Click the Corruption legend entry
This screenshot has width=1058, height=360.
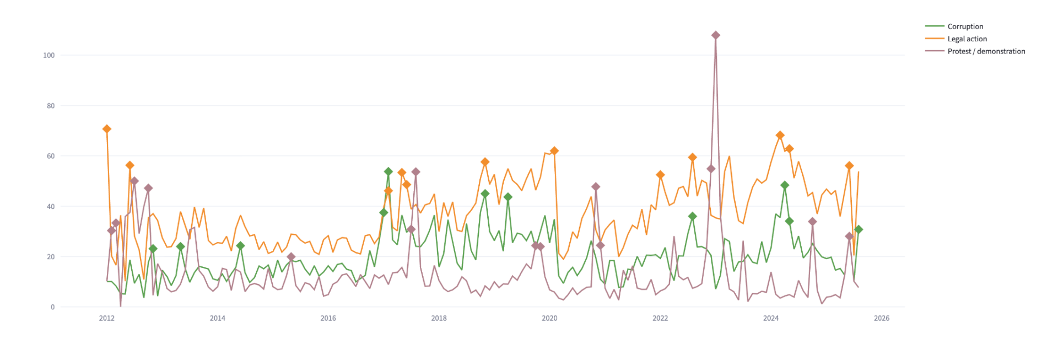965,26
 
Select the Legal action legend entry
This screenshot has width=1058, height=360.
967,39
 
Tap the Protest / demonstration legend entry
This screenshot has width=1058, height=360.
986,51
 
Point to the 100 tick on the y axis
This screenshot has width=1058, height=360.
49,55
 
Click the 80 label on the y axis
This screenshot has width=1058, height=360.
51,106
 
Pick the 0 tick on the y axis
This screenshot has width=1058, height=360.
52,307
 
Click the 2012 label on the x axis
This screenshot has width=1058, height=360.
107,318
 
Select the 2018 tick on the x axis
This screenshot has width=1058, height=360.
439,318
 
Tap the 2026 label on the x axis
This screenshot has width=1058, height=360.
882,318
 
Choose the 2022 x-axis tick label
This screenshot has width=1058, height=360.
660,318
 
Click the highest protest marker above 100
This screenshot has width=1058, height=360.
715,35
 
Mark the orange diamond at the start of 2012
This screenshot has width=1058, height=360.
107,129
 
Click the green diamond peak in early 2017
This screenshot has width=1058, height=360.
388,172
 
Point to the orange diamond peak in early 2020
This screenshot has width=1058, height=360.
554,151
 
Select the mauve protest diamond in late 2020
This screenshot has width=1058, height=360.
596,187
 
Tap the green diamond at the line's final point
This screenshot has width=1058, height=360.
859,229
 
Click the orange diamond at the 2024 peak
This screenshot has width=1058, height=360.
780,135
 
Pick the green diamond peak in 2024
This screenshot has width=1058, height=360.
785,185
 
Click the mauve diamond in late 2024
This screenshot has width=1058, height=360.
812,222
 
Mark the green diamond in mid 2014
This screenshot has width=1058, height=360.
240,246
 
